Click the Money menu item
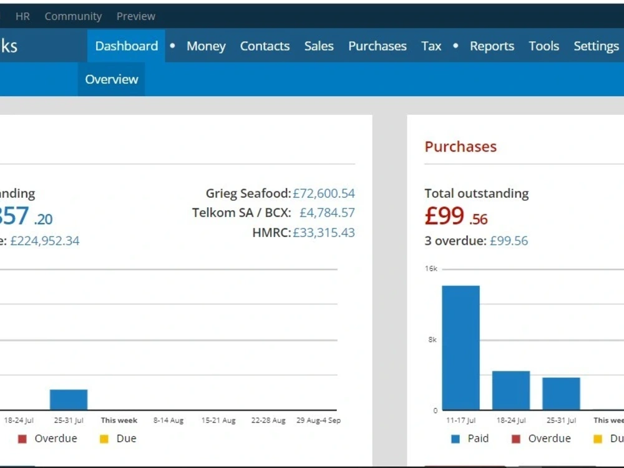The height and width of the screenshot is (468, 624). pos(206,46)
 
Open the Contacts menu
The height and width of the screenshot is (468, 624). pos(265,46)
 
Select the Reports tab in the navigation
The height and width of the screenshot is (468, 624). pos(492,46)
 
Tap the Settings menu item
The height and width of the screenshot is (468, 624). pos(596,46)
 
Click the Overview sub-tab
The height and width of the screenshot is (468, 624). pos(112,79)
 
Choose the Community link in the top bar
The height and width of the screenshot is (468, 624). pos(73,16)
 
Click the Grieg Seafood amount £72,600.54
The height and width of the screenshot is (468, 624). pos(323,193)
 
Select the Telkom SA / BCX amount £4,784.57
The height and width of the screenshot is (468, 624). pos(327,213)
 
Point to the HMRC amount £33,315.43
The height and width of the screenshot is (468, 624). pos(323,232)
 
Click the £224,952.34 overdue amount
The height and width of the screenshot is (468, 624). pos(44,241)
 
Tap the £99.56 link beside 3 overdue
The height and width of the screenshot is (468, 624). pos(509,241)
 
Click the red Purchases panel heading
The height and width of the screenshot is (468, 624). pos(461,147)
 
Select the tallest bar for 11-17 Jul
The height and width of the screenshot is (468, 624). pos(461,348)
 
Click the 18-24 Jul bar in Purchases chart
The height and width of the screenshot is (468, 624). pos(511,391)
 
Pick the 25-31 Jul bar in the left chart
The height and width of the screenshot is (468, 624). pos(69,399)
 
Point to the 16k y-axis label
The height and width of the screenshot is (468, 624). pos(431,268)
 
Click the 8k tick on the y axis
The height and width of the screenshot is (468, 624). pos(432,339)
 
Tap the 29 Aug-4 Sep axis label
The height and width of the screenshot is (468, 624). pos(318,420)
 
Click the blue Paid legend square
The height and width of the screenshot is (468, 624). pos(456,439)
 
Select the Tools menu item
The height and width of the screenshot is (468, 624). pos(544,46)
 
